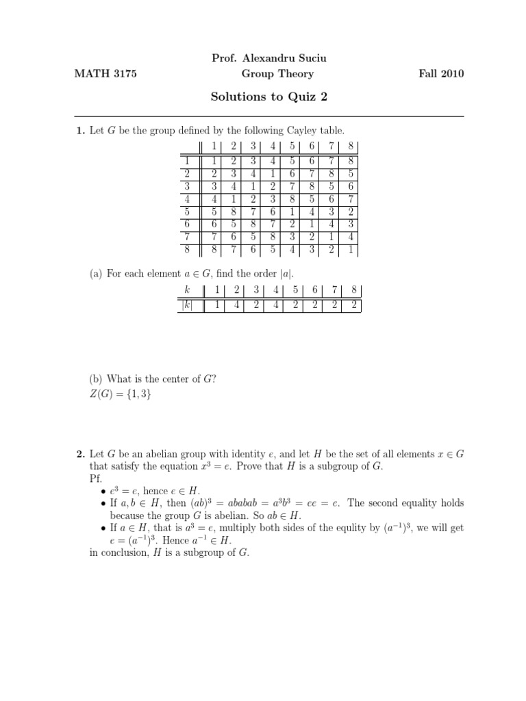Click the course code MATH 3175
point(105,74)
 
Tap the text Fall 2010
point(441,74)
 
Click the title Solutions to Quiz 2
point(269,97)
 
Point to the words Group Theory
point(277,74)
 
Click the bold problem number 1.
point(79,131)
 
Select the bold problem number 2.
point(79,454)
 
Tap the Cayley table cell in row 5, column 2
point(233,211)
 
